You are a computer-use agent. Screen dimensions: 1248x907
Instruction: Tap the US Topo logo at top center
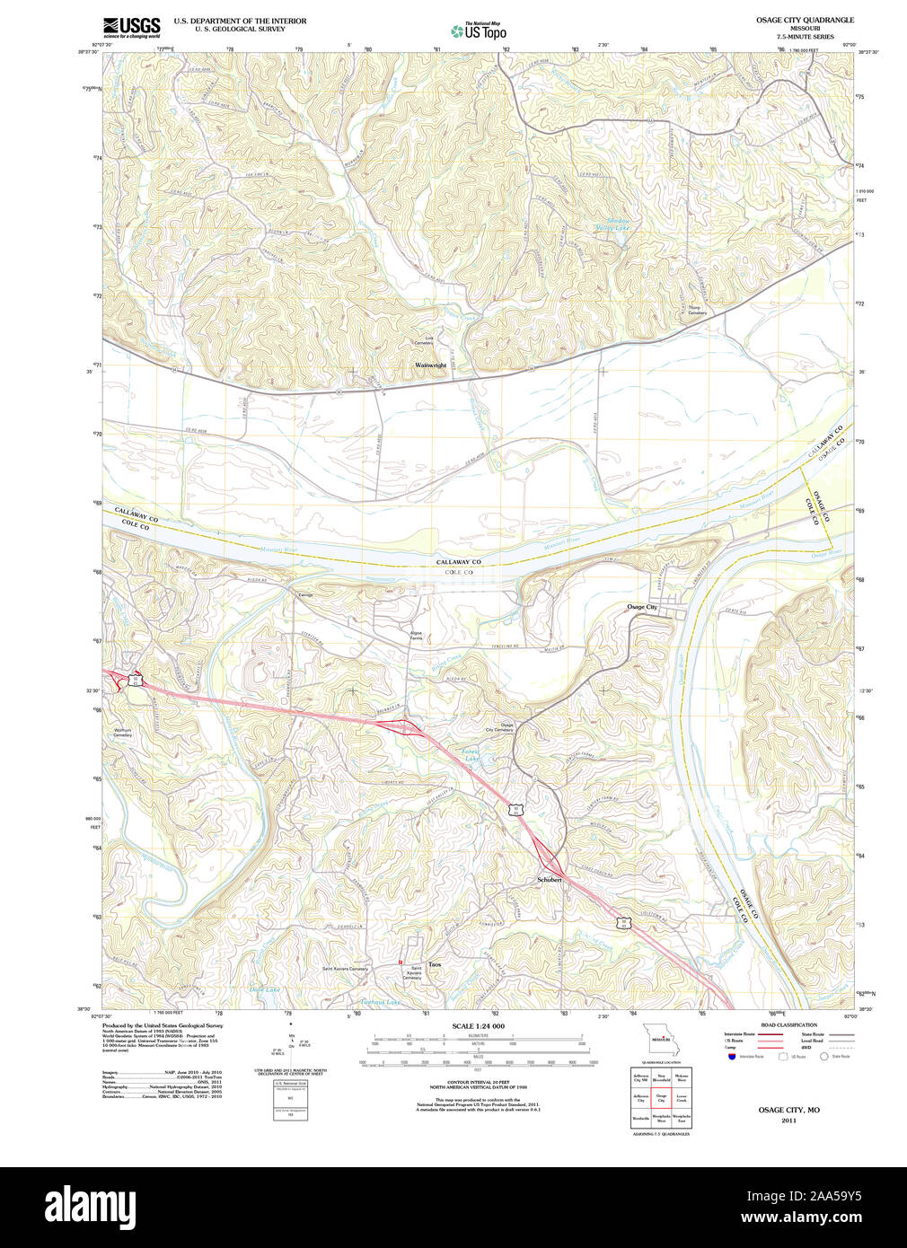(479, 31)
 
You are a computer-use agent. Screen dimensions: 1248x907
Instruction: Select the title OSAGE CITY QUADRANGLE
(804, 20)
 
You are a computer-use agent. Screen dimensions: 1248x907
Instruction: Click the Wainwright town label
(430, 365)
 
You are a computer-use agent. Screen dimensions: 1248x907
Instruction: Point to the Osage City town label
(642, 608)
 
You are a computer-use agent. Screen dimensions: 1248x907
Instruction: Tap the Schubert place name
(549, 880)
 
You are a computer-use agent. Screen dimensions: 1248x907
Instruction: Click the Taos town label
(435, 964)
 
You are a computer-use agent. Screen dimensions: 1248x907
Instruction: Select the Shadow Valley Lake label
(617, 224)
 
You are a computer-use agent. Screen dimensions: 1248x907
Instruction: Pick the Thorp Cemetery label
(697, 310)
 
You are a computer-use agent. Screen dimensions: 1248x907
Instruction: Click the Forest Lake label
(471, 755)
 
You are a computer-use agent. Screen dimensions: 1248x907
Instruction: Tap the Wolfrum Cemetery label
(122, 733)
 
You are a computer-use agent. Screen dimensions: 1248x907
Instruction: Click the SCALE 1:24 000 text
(478, 1026)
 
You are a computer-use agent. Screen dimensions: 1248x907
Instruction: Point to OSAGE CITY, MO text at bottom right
(788, 1110)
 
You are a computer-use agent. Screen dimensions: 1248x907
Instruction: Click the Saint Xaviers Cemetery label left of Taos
(346, 969)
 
